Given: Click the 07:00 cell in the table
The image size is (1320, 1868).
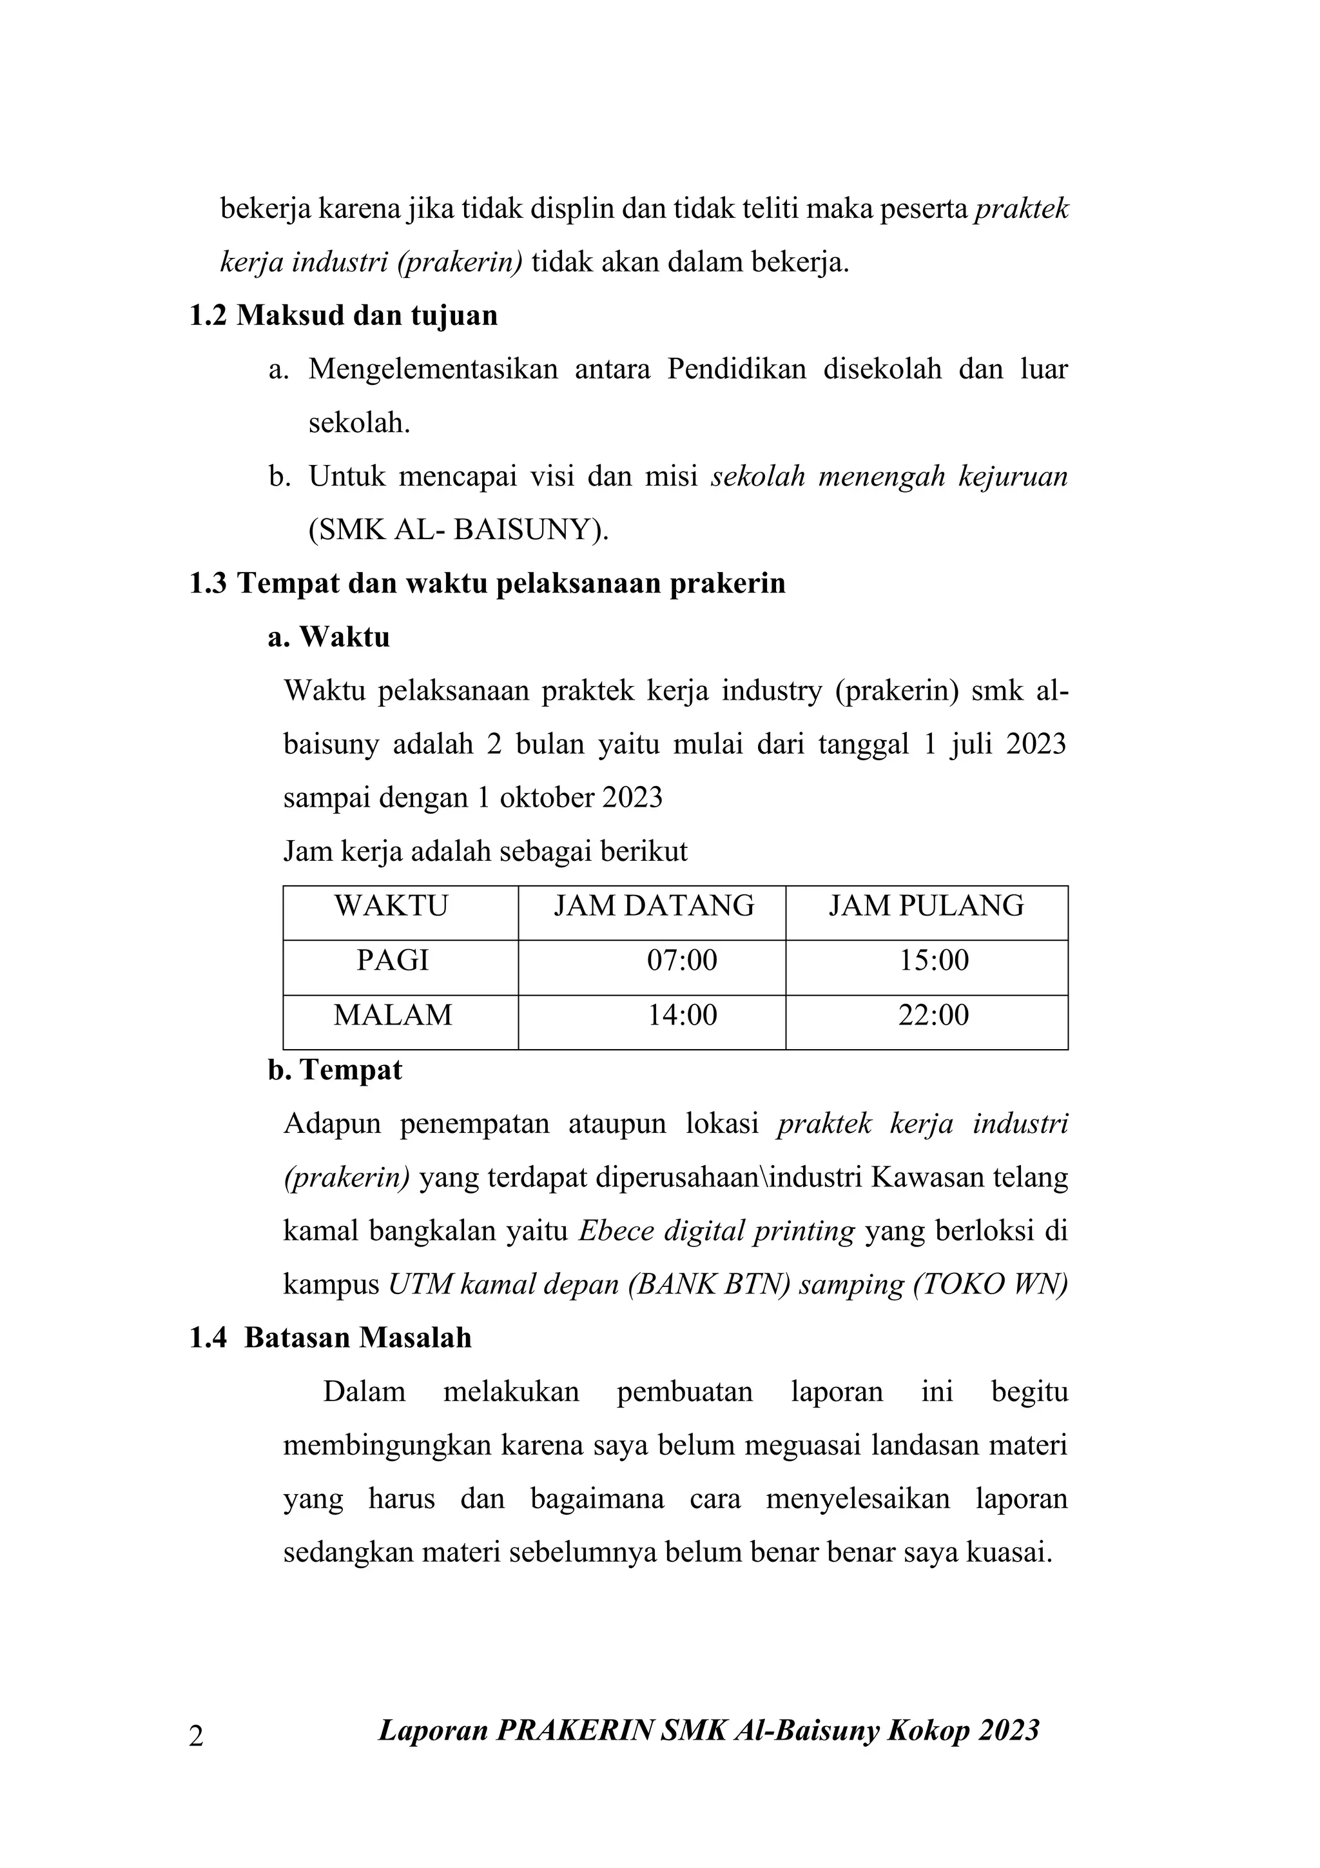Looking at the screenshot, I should coord(681,961).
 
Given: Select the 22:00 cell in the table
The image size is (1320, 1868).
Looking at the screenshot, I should coord(933,1016).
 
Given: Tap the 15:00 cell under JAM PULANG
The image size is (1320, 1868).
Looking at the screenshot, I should coord(933,961).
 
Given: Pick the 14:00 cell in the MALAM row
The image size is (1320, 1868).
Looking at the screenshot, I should coord(681,1016).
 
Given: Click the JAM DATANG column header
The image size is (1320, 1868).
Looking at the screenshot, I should coord(654,907).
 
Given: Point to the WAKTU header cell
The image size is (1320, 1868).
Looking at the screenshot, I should coord(391,907).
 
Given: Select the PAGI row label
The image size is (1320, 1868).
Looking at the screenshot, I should coord(392,961).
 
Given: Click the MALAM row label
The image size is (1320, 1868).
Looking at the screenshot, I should coord(392,1016).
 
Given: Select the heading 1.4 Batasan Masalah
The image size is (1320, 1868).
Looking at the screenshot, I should coord(330,1339).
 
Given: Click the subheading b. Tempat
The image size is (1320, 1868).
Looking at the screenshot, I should coord(335,1070).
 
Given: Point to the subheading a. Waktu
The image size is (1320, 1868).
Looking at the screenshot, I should coord(329,637).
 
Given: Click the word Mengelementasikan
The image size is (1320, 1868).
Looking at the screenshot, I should coord(432,369).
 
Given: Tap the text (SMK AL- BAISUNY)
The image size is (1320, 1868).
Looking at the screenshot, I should coord(459,531).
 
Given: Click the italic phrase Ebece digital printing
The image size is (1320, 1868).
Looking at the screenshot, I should coord(717,1231).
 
